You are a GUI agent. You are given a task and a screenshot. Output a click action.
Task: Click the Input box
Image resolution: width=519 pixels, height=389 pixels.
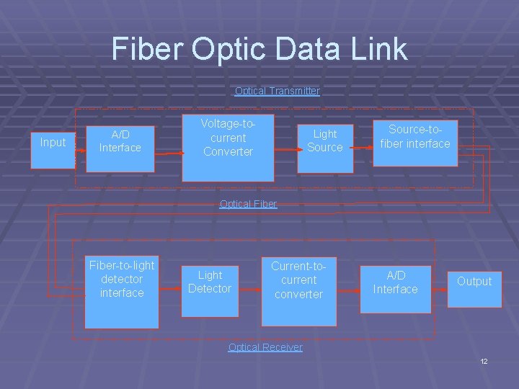pos(53,143)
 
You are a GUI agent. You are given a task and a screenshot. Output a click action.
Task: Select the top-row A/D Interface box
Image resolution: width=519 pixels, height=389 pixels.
pos(120,141)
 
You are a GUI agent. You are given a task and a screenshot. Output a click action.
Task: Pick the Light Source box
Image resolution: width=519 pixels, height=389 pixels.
pos(325,141)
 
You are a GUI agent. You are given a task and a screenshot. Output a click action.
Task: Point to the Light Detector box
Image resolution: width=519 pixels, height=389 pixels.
pos(209,284)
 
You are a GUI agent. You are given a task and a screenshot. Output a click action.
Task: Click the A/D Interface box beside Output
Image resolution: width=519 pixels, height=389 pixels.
pos(395,283)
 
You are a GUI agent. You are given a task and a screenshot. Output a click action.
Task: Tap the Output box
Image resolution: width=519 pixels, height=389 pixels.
pos(474,282)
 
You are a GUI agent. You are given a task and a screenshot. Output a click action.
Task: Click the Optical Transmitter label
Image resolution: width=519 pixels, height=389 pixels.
pos(277,91)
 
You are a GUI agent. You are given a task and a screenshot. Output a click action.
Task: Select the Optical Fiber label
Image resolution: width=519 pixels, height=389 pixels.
pos(248,204)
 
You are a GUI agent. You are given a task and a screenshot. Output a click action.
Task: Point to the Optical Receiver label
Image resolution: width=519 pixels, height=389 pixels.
pos(265,347)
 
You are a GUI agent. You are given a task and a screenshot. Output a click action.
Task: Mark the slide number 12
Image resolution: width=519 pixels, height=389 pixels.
pos(484,360)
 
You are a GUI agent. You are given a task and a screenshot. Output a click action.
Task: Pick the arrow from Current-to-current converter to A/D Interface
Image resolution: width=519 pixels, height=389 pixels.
pos(348,290)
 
